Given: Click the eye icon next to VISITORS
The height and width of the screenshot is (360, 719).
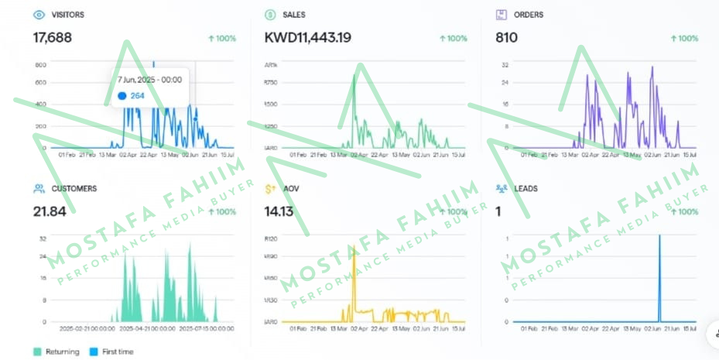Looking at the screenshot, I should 39,15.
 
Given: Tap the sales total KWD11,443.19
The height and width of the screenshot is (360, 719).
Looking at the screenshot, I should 307,37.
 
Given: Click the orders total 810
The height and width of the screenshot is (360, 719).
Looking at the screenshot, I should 506,37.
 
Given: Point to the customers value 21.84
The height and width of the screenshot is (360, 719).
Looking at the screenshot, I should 49,211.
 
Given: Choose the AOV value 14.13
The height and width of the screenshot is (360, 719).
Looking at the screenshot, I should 279,211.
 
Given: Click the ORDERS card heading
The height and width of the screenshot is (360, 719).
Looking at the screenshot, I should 528,15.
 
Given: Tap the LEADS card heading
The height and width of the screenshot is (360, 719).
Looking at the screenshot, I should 526,188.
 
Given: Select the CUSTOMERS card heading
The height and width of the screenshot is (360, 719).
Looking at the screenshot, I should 74,188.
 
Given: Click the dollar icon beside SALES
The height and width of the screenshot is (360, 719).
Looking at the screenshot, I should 270,15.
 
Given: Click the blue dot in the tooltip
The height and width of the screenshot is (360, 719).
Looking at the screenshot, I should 122,96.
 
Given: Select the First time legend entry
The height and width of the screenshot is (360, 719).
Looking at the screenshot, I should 113,351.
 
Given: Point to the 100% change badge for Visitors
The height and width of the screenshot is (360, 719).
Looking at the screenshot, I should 222,38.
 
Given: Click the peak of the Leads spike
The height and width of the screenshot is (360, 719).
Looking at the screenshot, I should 659,236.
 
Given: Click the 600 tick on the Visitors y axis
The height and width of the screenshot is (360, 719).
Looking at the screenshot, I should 40,83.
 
